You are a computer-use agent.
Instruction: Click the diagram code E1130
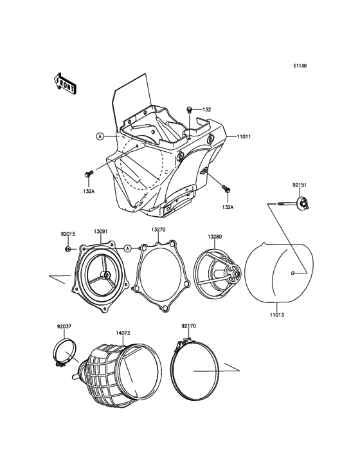pyautogui.click(x=300, y=66)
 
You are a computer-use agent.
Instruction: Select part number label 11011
pyautogui.click(x=244, y=136)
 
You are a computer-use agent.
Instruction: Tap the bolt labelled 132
pyautogui.click(x=190, y=110)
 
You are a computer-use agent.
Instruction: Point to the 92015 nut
pyautogui.click(x=68, y=249)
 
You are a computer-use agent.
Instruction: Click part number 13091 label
pyautogui.click(x=101, y=231)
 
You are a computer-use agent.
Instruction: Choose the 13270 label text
pyautogui.click(x=158, y=230)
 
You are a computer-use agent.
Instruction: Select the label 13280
pyautogui.click(x=215, y=237)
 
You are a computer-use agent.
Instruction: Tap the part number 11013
pyautogui.click(x=276, y=315)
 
